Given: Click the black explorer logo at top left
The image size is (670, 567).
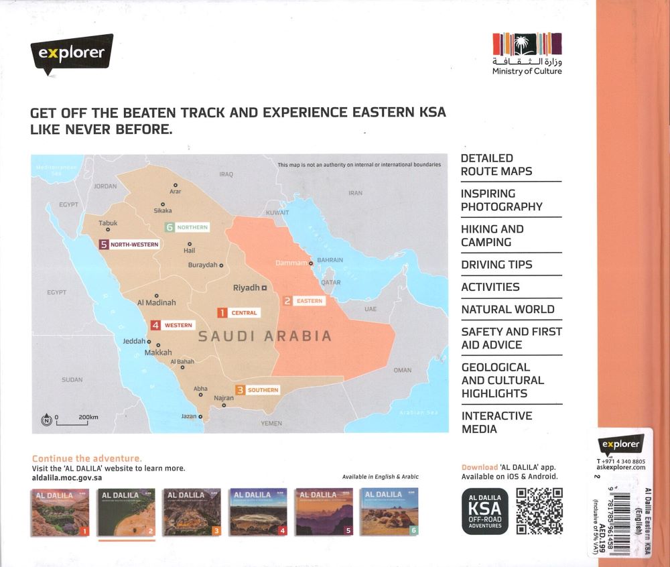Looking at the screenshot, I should (x=72, y=53).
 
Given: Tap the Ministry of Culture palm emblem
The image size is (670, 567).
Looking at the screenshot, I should (x=527, y=44).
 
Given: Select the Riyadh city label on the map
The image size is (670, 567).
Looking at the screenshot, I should (x=246, y=288).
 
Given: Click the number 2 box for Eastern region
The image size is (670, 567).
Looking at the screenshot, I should (x=287, y=301).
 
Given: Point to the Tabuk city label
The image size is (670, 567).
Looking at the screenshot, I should (x=108, y=223).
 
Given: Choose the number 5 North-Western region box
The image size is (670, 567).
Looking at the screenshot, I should (x=103, y=245).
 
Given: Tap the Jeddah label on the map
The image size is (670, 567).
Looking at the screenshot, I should (x=134, y=341).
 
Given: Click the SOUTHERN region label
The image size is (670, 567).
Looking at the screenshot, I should (x=263, y=390).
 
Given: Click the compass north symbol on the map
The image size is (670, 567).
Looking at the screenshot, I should (x=46, y=420).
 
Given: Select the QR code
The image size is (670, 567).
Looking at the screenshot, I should (x=539, y=511).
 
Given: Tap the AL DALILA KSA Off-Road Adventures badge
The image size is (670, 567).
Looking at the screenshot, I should (x=485, y=511).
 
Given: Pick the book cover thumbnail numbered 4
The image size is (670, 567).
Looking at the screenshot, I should (x=259, y=513).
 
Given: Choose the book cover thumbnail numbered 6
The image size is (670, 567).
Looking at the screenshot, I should (x=390, y=513).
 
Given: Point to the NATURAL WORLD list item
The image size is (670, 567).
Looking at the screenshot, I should (x=507, y=309).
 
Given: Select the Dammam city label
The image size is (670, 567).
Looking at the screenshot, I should (x=291, y=263).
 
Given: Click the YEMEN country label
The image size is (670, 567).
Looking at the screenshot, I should (x=272, y=424).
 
